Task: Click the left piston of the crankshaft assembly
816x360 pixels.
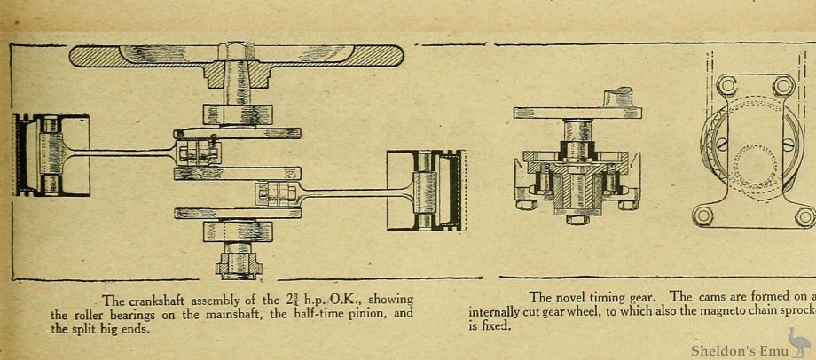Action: (x=50, y=154)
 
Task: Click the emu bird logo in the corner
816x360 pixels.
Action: (x=796, y=340)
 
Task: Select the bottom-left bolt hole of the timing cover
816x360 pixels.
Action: (x=703, y=215)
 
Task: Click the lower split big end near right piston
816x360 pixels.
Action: (x=278, y=192)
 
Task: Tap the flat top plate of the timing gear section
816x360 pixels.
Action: (x=568, y=113)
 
